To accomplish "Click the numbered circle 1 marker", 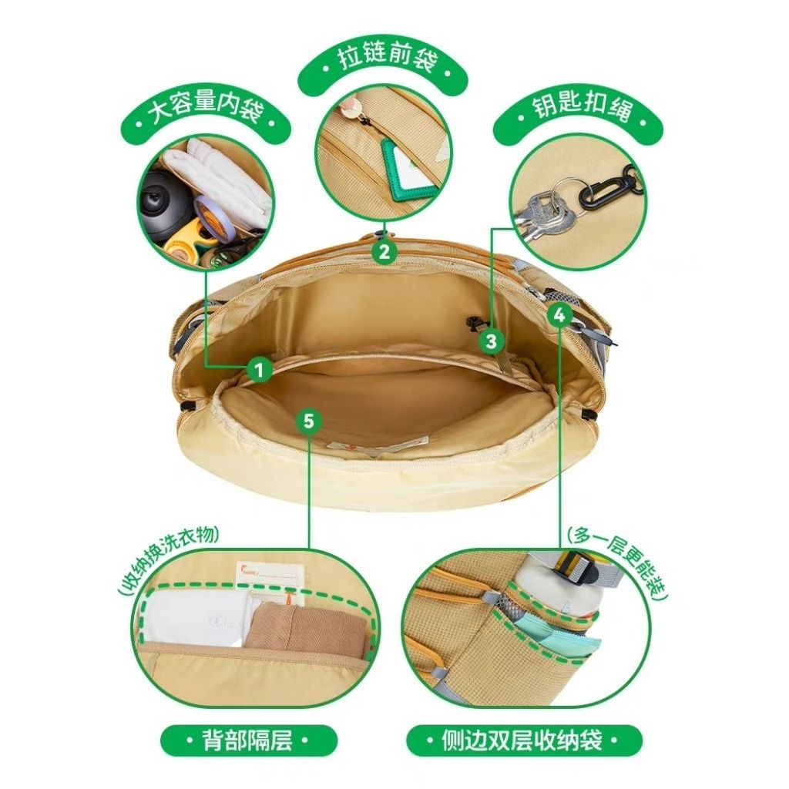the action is click(x=260, y=371).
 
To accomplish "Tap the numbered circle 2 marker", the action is click(x=384, y=251).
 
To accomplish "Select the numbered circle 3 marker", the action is click(x=491, y=341).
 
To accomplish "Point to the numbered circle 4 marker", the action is click(x=559, y=315).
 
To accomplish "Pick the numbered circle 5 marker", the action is click(x=309, y=420).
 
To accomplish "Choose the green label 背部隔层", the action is click(x=247, y=740).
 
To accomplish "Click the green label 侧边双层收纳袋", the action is click(x=522, y=740).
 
